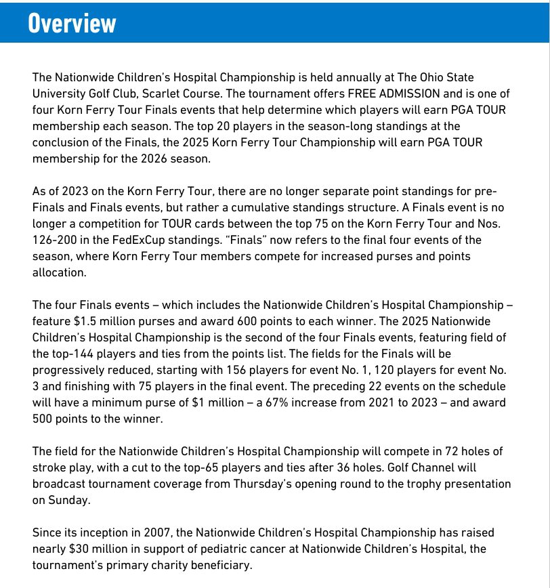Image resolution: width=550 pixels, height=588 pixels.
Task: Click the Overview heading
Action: tap(72, 23)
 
